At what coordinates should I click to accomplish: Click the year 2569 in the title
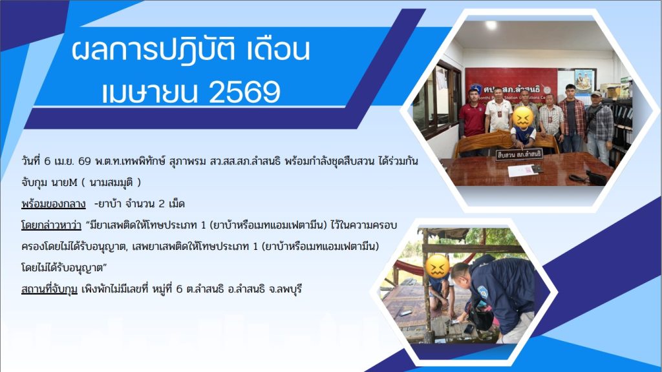click(244, 92)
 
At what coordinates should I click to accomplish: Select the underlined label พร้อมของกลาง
click(53, 204)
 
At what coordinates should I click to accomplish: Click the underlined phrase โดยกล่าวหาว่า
click(51, 225)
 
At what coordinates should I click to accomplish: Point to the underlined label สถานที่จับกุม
click(49, 289)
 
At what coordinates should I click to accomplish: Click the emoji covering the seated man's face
click(522, 118)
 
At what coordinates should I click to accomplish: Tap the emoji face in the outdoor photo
click(437, 267)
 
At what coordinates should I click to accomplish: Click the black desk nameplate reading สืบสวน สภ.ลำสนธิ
click(519, 155)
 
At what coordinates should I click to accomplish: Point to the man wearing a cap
click(599, 127)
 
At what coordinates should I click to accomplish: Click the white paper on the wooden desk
click(520, 170)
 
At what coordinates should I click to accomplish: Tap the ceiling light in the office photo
click(491, 25)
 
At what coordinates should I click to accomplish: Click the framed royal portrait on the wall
click(584, 81)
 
